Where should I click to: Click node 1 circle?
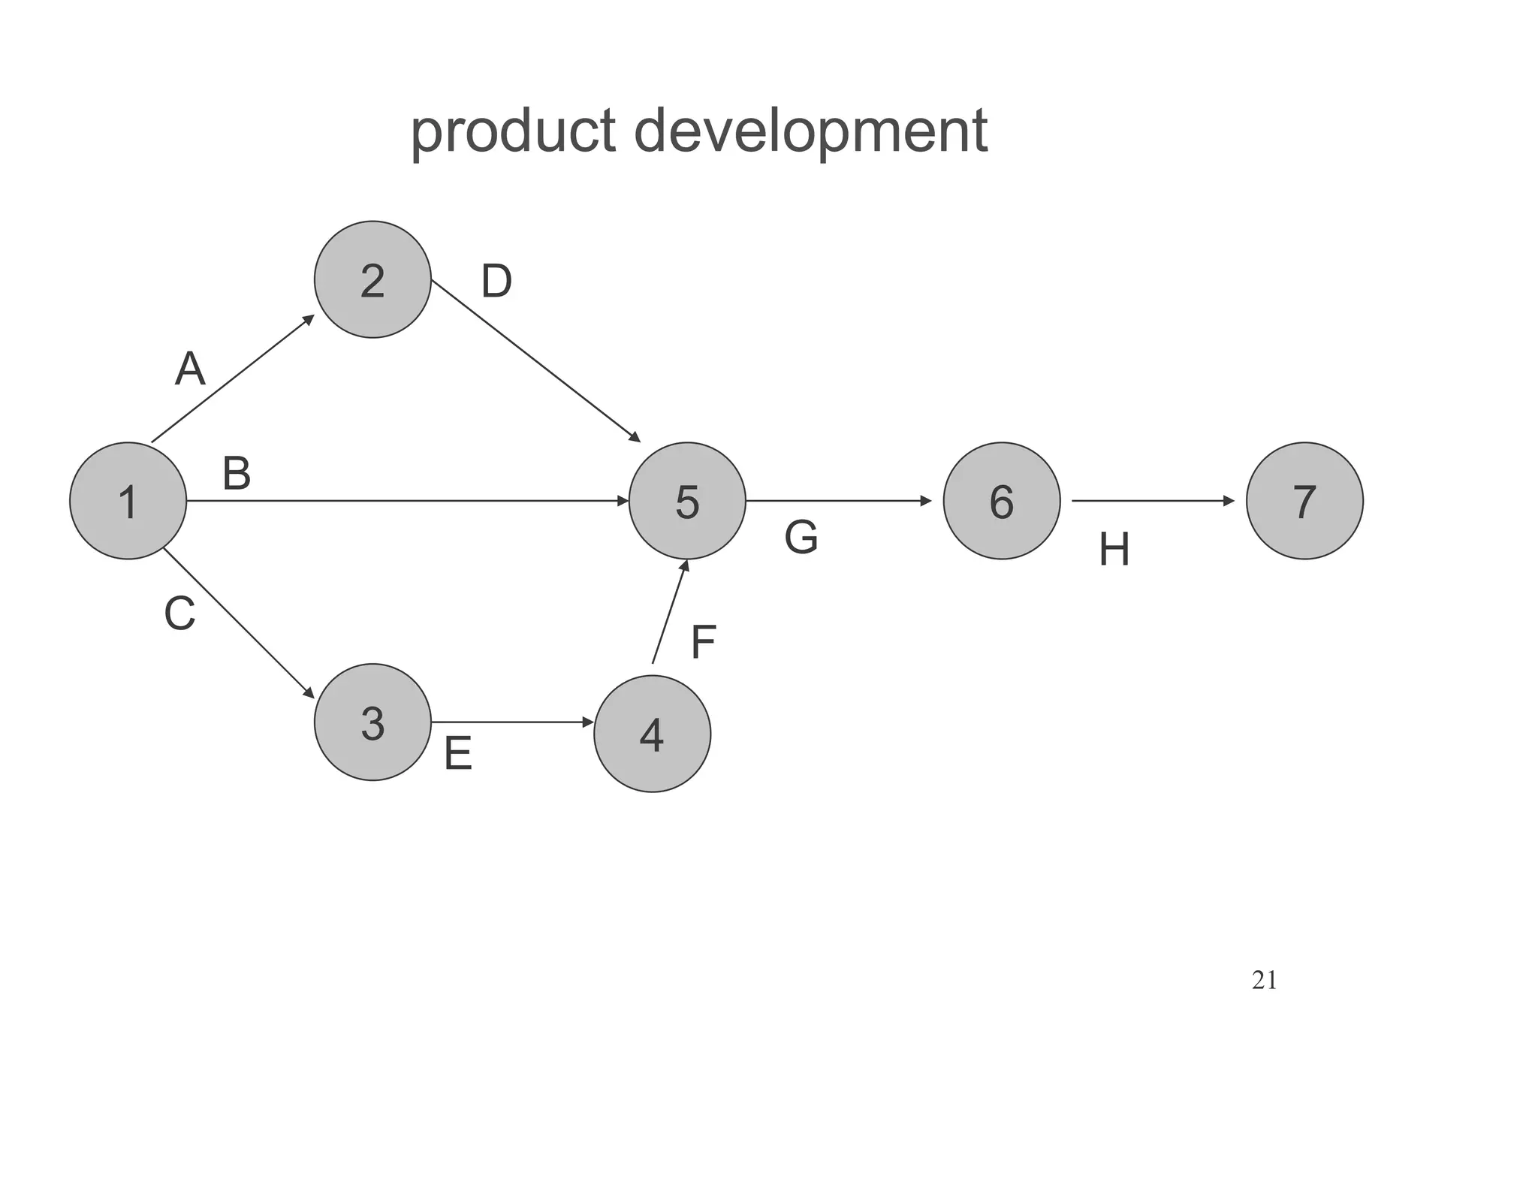tap(128, 501)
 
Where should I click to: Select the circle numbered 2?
tap(372, 279)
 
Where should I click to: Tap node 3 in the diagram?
tap(372, 722)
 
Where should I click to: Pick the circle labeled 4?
tap(652, 734)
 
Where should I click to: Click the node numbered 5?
tap(687, 501)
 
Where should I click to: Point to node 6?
tap(1002, 501)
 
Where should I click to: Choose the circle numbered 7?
tap(1304, 501)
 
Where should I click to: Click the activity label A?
tap(190, 369)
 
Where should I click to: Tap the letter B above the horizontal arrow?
tap(237, 475)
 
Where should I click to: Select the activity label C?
tap(180, 614)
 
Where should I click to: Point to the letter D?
tap(496, 282)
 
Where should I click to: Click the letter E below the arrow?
tap(458, 753)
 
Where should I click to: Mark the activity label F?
tap(703, 642)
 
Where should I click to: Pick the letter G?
tap(801, 538)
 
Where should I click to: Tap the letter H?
tap(1114, 550)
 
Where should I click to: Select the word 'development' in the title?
tap(811, 131)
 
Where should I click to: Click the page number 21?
tap(1265, 981)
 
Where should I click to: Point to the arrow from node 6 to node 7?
tap(1153, 501)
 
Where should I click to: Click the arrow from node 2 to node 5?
tap(535, 360)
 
